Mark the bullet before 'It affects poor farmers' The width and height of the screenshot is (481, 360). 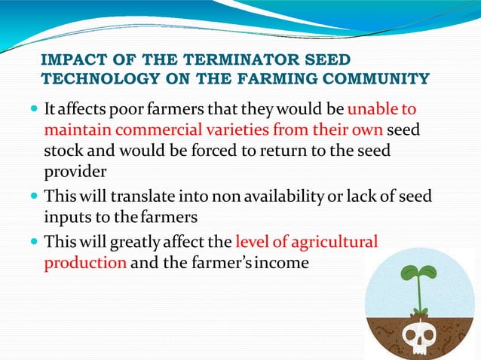pyautogui.click(x=32, y=111)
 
